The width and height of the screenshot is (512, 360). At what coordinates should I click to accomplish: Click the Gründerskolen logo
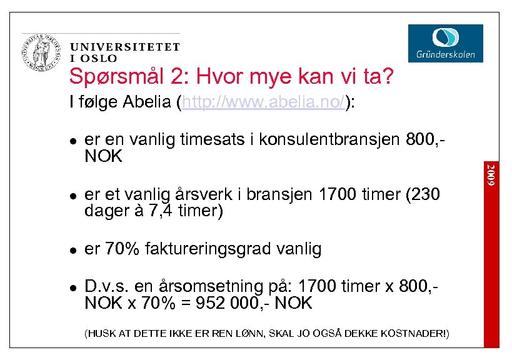coord(446,42)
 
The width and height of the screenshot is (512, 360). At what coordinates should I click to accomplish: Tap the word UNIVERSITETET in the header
coord(125,47)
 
